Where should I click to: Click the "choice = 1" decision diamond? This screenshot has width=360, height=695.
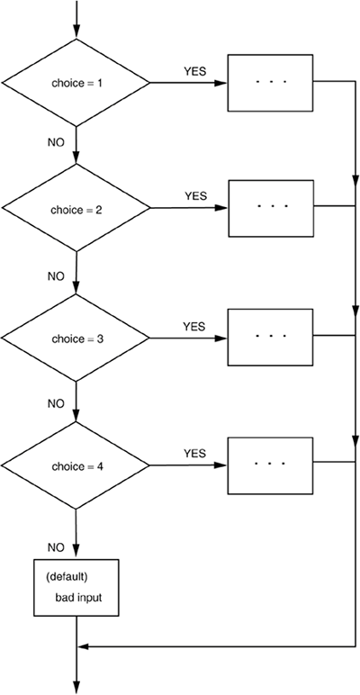pos(76,83)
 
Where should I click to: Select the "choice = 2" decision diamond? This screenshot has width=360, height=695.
pos(76,208)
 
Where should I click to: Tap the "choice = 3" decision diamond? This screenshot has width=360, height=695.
pos(76,338)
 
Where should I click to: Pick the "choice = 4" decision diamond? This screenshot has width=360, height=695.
pos(76,465)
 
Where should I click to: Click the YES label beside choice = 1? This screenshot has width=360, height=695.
pos(195,71)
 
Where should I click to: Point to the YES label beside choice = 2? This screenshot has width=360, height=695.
pos(195,196)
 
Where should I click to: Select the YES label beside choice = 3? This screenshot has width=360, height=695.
pos(194,327)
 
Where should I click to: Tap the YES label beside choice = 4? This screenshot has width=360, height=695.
pos(195,454)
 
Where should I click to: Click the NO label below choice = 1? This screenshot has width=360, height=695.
pos(56,143)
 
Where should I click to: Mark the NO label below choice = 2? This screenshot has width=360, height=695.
pos(56,276)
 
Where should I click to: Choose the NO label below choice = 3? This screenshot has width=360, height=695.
pos(56,404)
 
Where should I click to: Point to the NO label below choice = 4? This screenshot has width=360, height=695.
pos(56,547)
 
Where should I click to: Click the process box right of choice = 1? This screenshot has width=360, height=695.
pos(270,83)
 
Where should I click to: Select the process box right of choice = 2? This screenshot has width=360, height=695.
pos(271,208)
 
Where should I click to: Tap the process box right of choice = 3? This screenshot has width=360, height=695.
pos(270,337)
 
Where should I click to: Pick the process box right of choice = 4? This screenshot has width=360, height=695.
pos(270,465)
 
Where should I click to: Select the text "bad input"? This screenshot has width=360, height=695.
pos(78,597)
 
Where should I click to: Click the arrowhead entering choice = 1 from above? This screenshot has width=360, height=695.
pos(76,32)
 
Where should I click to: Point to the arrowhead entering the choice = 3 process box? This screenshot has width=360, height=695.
pos(220,338)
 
